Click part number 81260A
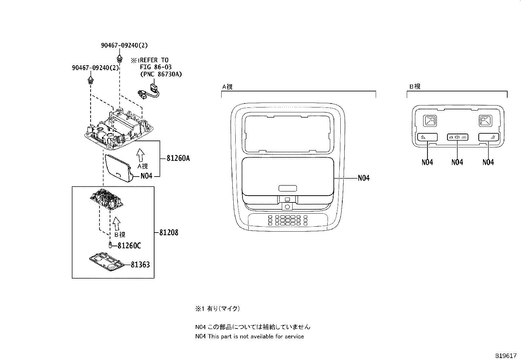[x=178, y=158]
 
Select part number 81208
[x=169, y=233]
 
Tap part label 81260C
[x=129, y=246]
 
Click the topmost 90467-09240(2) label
[x=122, y=46]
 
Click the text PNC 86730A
[x=161, y=74]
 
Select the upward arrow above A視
[x=140, y=155]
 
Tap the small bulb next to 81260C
[x=110, y=244]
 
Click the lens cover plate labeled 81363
[x=107, y=262]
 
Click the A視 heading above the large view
[x=227, y=87]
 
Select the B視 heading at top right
[x=415, y=86]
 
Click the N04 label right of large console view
[x=363, y=178]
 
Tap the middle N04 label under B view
[x=457, y=162]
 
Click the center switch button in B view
[x=457, y=137]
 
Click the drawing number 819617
[x=505, y=355]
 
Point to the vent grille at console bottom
[x=287, y=220]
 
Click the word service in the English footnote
[x=294, y=336]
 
